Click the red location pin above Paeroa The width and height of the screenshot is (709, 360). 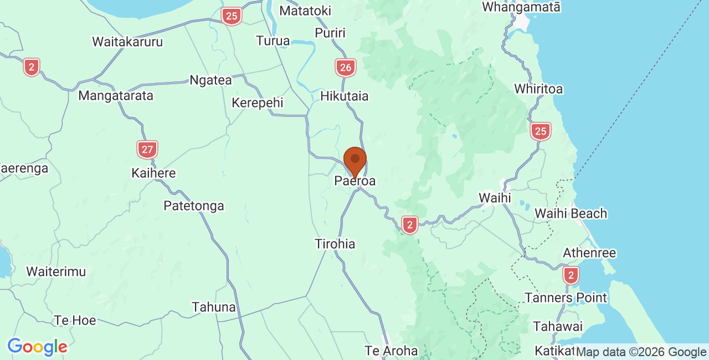click(355, 161)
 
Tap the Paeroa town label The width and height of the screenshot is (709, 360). click(355, 181)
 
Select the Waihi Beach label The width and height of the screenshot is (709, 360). click(571, 213)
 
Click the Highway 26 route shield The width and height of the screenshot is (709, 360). click(345, 68)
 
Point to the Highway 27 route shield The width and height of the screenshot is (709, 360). click(147, 150)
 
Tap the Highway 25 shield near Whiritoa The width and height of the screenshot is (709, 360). click(540, 131)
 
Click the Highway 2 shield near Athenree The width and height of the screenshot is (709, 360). click(571, 275)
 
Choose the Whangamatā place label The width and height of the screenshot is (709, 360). click(521, 7)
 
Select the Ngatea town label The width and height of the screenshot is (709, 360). click(210, 80)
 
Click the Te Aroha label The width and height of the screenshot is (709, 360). click(391, 351)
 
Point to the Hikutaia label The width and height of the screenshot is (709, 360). click(345, 96)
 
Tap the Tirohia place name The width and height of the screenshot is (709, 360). click(335, 244)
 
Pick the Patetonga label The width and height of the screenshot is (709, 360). click(194, 206)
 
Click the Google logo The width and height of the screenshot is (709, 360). click(37, 347)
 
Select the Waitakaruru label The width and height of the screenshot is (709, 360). click(127, 42)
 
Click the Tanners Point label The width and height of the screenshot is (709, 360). click(566, 297)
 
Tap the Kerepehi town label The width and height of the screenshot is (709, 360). click(258, 102)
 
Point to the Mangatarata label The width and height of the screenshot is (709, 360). click(116, 95)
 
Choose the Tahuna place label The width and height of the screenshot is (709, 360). click(214, 307)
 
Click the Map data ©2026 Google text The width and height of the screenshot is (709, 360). click(641, 352)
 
